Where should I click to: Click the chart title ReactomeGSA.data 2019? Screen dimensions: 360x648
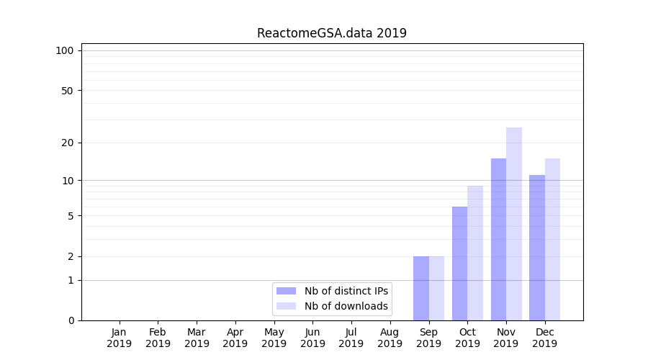332,33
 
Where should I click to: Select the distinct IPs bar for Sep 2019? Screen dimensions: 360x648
421,288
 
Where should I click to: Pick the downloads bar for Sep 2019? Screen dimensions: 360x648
436,288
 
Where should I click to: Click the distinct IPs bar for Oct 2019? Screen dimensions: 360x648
459,264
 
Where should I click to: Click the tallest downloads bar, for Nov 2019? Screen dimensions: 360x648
514,224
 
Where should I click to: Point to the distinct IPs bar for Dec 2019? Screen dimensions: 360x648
537,248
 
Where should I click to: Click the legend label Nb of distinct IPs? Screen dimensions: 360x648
346,291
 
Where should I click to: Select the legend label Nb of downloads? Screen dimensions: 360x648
346,306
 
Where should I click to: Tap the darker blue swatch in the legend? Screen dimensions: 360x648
286,291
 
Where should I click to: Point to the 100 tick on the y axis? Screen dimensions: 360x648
65,50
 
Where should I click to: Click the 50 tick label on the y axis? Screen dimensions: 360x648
68,91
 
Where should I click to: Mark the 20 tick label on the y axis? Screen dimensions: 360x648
68,143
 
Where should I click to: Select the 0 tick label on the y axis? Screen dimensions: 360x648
71,320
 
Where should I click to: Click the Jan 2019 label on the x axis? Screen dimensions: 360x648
120,338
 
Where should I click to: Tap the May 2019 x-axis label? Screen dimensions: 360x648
274,338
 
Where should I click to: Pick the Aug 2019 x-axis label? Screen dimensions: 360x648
390,338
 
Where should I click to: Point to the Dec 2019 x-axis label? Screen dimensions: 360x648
545,338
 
